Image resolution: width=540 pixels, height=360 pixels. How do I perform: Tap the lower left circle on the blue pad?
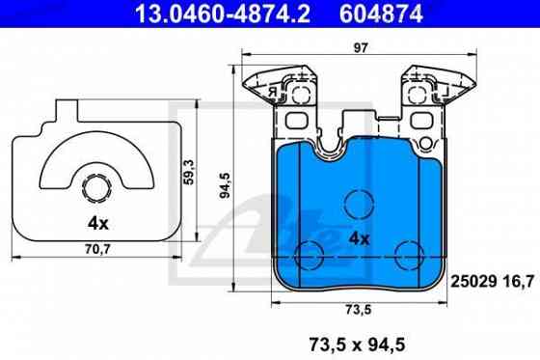click(x=311, y=256)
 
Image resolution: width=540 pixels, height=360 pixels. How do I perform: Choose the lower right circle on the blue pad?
click(x=409, y=256)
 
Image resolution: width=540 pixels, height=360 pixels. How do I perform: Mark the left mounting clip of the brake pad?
click(x=281, y=92)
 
